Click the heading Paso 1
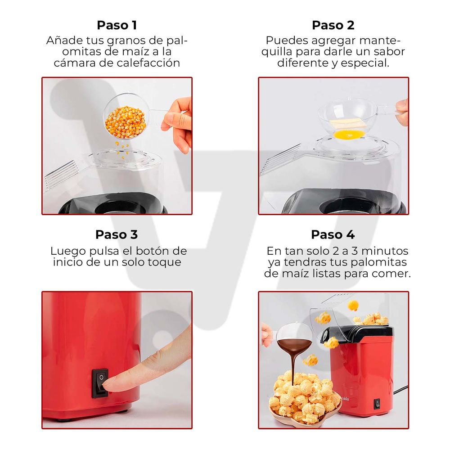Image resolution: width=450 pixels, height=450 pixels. (117, 25)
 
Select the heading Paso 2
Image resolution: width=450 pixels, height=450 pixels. (333, 25)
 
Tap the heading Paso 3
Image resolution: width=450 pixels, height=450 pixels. (117, 234)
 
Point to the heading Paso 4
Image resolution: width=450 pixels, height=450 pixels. (333, 234)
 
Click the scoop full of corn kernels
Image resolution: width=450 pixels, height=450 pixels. (125, 119)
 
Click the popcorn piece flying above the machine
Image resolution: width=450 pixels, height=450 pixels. (353, 306)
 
